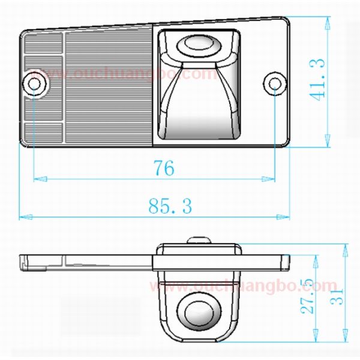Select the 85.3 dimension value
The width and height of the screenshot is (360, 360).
(170, 207)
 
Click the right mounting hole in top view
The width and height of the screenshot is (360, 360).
(275, 83)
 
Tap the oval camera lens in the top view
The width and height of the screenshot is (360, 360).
(199, 44)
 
